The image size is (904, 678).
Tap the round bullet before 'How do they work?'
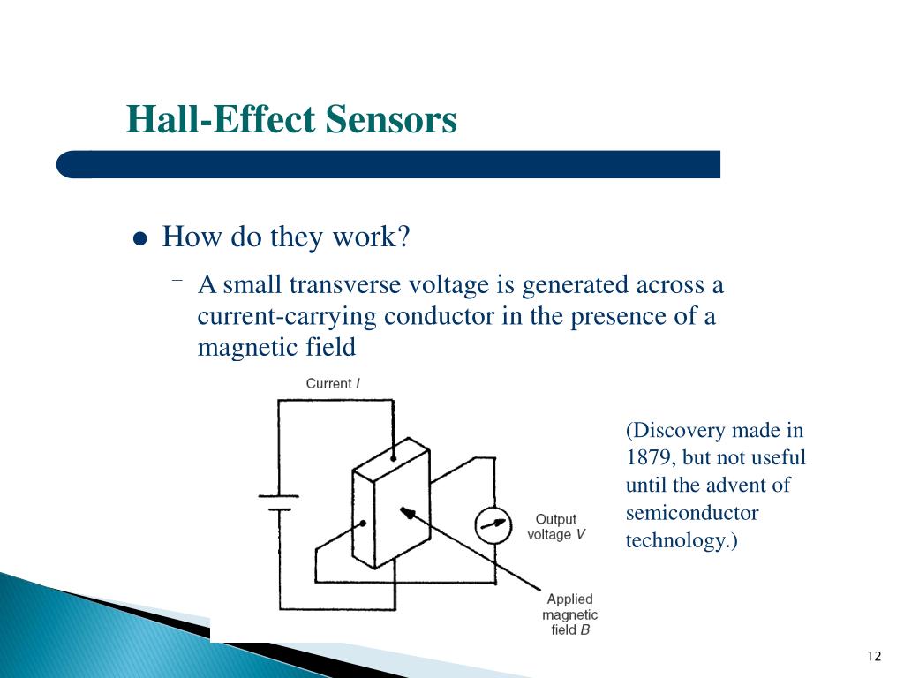pyautogui.click(x=139, y=240)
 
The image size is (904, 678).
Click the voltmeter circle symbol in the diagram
pyautogui.click(x=493, y=524)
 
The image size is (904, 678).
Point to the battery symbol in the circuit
pyautogui.click(x=279, y=502)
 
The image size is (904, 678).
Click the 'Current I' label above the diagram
pyautogui.click(x=333, y=383)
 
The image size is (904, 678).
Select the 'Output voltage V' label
pyautogui.click(x=555, y=527)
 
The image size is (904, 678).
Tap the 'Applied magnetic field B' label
pyautogui.click(x=569, y=614)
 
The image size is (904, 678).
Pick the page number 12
pyautogui.click(x=874, y=656)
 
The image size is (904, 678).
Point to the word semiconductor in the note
pyautogui.click(x=691, y=513)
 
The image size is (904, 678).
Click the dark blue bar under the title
pyautogui.click(x=388, y=164)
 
